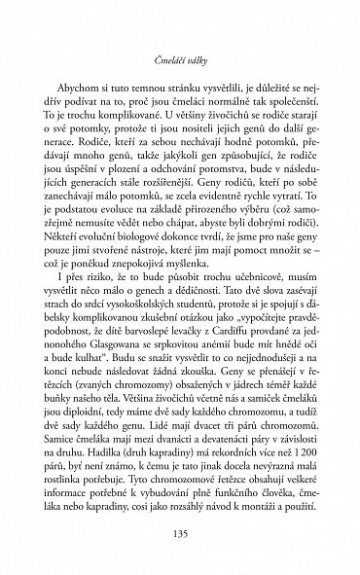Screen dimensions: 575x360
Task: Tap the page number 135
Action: [179, 533]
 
